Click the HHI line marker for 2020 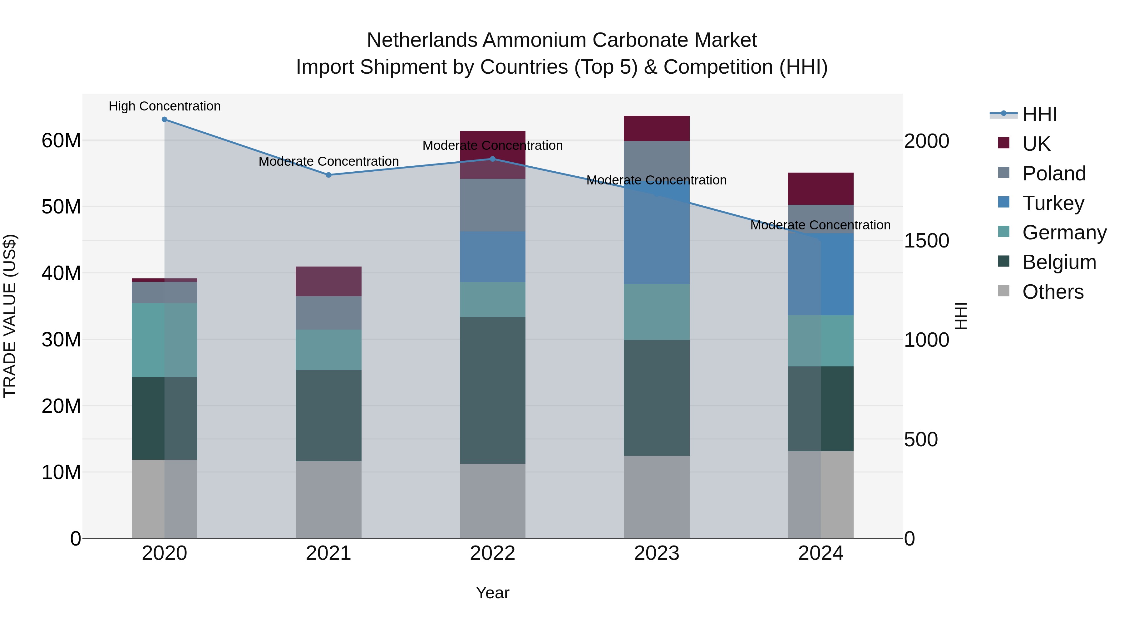165,120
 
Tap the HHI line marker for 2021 328,175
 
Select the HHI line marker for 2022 493,159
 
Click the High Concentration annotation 165,106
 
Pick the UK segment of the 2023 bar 656,128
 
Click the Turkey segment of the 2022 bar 493,257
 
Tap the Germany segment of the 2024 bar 820,340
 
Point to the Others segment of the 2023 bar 656,497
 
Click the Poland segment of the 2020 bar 165,292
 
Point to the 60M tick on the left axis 61,140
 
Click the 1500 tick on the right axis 926,240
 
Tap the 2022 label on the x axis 493,553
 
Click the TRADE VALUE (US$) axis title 10,316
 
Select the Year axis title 493,593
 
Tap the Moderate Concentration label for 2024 820,225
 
